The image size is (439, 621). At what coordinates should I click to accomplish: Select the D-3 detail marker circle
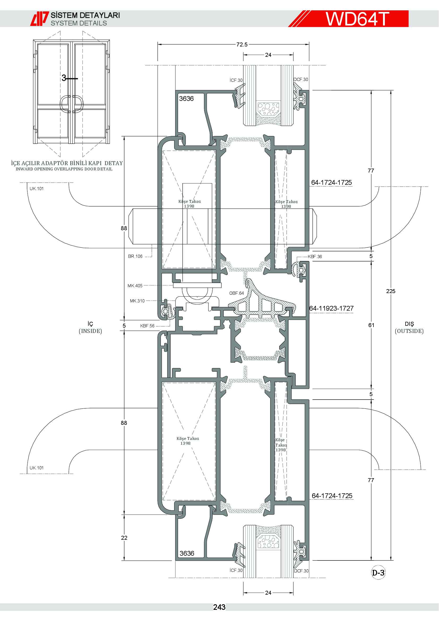coord(378,573)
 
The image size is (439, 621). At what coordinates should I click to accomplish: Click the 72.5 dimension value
coord(242,45)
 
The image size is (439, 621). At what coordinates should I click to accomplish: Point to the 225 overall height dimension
coord(391,291)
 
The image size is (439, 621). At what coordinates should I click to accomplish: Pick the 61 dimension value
coord(371,325)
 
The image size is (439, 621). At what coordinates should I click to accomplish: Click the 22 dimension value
coord(124,538)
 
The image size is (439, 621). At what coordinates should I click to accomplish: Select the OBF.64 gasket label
coord(236,293)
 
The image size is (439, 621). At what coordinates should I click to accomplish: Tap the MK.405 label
coord(135,286)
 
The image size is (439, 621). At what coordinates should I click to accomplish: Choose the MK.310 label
coord(137,301)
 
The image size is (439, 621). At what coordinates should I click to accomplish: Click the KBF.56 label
coord(147,326)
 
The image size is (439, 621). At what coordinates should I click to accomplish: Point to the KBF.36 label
coord(315,257)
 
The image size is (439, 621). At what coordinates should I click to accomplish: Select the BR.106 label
coord(135,256)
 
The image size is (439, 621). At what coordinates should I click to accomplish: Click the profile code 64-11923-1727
coord(332,308)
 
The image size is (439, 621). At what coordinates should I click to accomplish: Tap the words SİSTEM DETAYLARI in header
coord(85,15)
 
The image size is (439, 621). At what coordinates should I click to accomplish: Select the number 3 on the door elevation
coord(64,78)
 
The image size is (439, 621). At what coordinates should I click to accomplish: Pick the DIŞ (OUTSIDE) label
coord(409,328)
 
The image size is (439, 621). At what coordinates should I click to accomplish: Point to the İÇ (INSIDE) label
coord(90,328)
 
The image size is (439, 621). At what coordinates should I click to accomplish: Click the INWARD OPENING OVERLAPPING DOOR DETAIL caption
coord(64,169)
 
